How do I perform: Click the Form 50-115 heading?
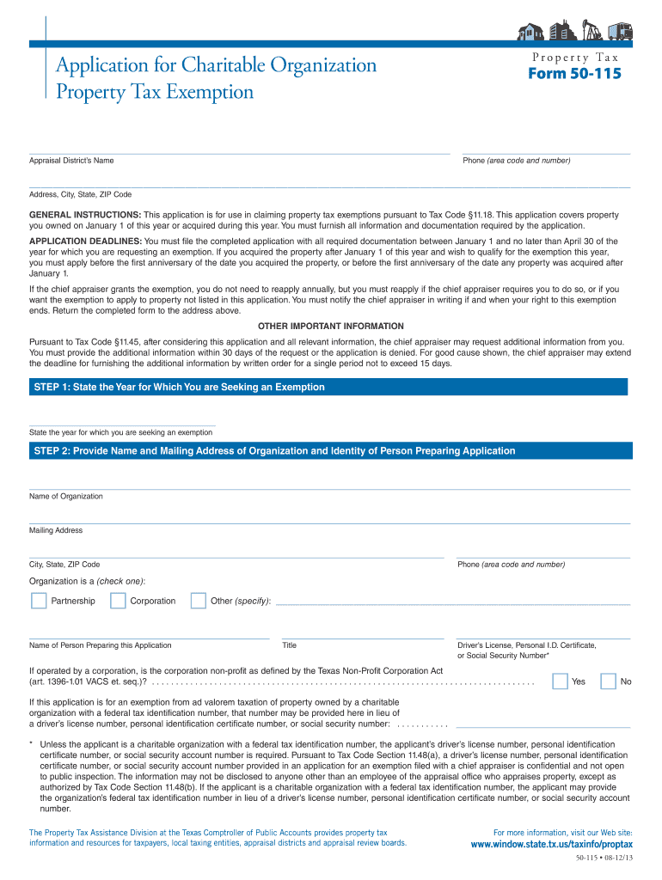573,74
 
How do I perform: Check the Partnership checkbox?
39,601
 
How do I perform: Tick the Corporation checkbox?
119,601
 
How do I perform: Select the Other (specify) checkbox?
199,601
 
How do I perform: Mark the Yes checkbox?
560,681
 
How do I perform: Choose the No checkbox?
608,681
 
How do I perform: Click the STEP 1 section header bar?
328,388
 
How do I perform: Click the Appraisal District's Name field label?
71,161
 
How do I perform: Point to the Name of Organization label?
66,497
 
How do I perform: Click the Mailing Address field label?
56,530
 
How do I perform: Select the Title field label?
290,645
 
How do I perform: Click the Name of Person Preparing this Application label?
101,645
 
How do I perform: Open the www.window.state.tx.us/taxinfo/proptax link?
551,845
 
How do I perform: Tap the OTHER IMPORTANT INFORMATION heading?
331,327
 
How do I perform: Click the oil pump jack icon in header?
591,31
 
